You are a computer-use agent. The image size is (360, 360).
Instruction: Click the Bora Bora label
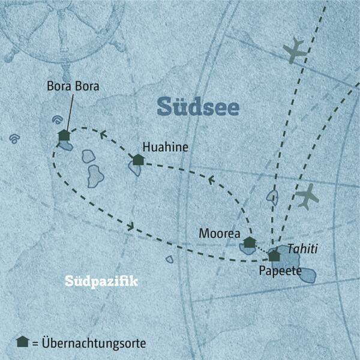[72, 86]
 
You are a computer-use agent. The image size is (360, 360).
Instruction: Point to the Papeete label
[278, 271]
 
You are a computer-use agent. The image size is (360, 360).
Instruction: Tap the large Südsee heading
[198, 107]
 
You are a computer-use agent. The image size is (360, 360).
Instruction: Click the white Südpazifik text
[100, 281]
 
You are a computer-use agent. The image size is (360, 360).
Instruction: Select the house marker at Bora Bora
[64, 136]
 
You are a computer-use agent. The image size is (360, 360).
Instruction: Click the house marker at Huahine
[138, 160]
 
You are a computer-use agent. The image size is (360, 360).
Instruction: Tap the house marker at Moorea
[249, 242]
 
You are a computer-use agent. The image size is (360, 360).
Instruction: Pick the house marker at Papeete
[274, 256]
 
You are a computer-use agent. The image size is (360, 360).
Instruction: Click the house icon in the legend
[23, 341]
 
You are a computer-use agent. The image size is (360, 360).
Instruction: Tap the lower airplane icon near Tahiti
[307, 196]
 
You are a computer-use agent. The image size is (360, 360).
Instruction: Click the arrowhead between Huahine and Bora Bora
[103, 134]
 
